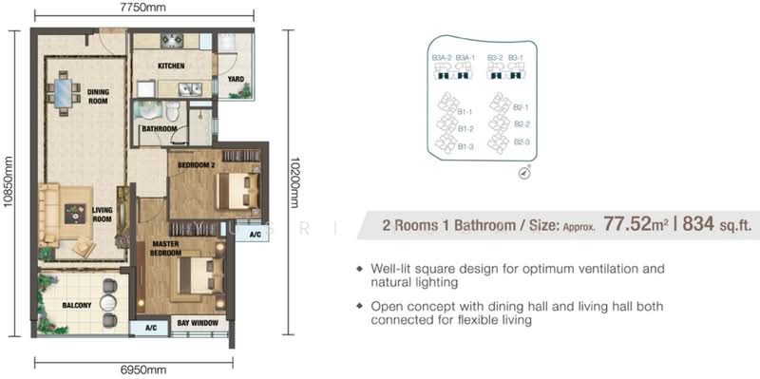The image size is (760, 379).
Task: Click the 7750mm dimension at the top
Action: coord(145,7)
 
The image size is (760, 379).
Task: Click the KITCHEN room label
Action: coord(171,66)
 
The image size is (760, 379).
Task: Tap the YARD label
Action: coord(236,79)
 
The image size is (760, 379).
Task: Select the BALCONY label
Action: coord(76,305)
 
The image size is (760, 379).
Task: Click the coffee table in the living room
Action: coord(75,214)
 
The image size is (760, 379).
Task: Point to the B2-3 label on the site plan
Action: coord(521,142)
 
